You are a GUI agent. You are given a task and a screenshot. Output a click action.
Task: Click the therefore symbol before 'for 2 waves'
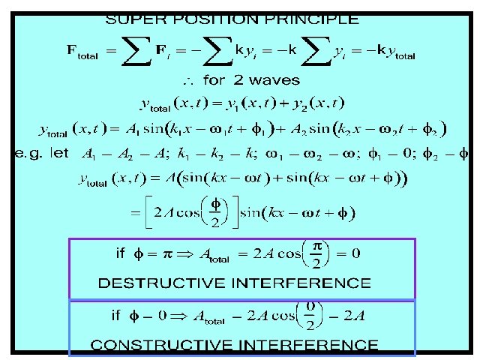click(x=189, y=79)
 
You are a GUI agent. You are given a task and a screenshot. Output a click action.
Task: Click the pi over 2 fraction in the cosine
click(x=316, y=253)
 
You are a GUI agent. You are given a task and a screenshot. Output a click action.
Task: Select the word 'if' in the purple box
click(x=120, y=253)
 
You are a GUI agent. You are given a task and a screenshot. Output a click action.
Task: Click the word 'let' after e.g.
click(x=60, y=153)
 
